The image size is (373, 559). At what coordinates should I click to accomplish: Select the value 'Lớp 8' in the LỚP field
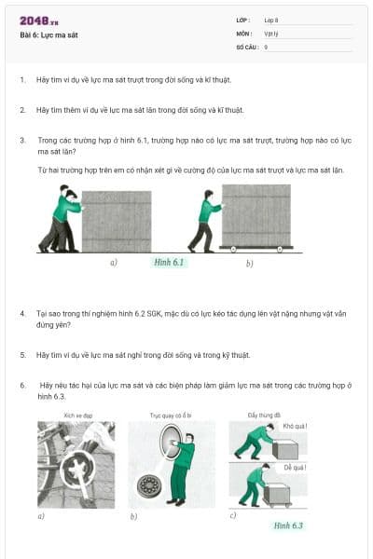click(271, 20)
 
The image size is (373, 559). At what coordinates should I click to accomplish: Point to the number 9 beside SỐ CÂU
click(266, 46)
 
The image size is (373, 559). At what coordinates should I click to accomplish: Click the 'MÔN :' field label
click(243, 33)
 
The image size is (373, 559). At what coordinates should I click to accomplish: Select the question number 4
click(21, 314)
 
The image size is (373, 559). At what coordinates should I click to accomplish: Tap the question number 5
click(21, 355)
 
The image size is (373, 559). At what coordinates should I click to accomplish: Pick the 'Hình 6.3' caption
click(287, 525)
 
